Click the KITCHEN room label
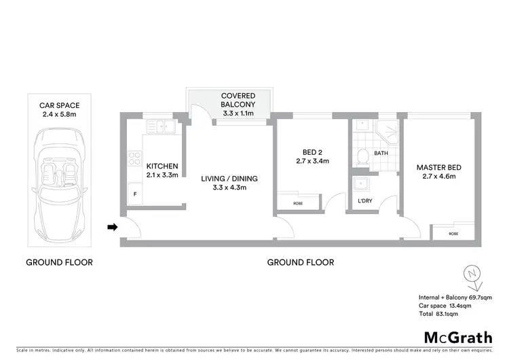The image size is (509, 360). pos(162,166)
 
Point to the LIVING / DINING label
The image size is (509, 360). pos(229,179)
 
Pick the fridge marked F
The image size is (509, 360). pos(134,194)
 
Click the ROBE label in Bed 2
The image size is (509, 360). pos(298,203)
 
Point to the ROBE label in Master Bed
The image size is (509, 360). pos(453,234)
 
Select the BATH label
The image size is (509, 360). pos(381,154)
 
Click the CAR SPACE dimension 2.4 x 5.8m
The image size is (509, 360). pos(59,114)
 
